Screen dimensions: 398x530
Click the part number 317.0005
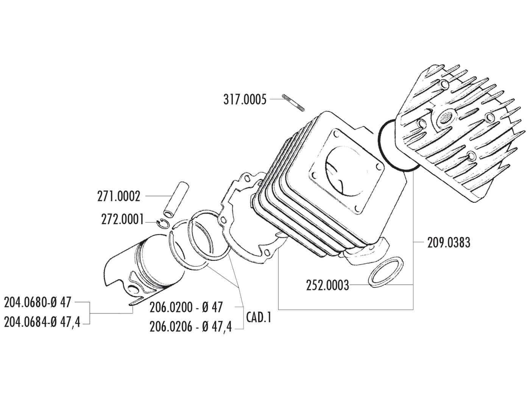click(245, 100)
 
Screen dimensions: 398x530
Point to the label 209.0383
click(449, 243)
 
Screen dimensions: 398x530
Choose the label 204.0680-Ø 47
click(37, 303)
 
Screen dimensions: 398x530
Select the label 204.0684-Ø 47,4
click(42, 323)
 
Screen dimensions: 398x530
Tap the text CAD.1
click(259, 317)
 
